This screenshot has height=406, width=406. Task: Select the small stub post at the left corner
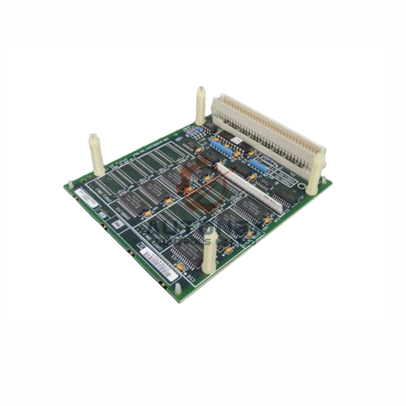[70, 184]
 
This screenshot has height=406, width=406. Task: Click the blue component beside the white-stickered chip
[220, 144]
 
